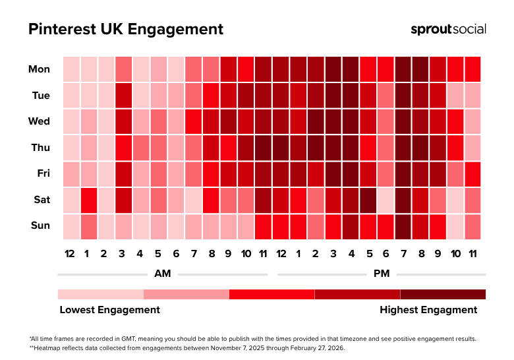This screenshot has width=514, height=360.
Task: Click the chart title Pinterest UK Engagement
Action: [126, 30]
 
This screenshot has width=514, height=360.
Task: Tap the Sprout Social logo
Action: [448, 29]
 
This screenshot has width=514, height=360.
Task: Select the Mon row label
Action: [39, 69]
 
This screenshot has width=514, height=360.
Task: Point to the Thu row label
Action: [40, 147]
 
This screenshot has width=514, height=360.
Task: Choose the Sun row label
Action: [40, 225]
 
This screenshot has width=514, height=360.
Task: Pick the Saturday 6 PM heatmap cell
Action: [385, 200]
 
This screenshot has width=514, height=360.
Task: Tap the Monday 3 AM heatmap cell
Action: [123, 69]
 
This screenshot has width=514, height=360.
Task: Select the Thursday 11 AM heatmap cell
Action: [263, 147]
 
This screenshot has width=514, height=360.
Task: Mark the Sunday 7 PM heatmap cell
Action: [403, 226]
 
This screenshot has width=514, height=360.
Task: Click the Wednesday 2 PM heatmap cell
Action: [315, 121]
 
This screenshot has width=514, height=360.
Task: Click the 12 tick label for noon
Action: [280, 254]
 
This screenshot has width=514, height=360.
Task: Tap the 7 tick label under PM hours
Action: [403, 254]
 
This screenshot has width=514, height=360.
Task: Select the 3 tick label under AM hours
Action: [123, 254]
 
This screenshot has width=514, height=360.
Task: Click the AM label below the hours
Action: [162, 274]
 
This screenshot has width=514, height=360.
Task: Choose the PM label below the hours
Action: [381, 274]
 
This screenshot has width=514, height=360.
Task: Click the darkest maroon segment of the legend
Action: [443, 294]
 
